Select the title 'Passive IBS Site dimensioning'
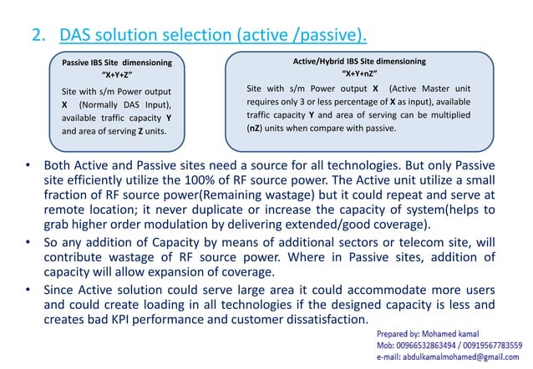click(118, 63)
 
